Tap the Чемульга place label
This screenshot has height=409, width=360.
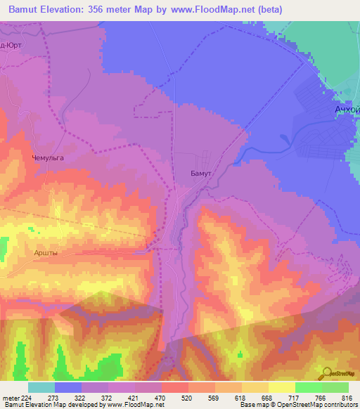click(x=48, y=158)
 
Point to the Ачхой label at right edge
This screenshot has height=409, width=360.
click(x=346, y=111)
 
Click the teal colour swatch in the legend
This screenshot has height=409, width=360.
click(x=41, y=387)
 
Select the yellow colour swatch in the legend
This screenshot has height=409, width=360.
click(x=281, y=387)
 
